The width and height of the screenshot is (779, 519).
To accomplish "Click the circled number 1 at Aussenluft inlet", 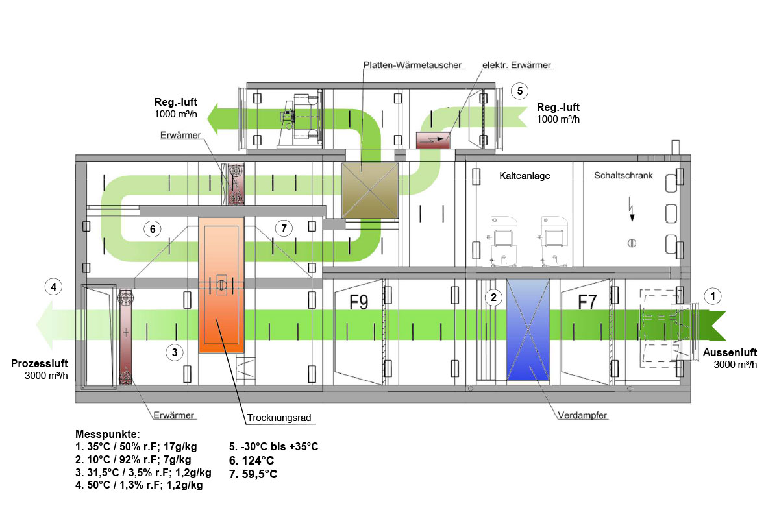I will [x=713, y=296].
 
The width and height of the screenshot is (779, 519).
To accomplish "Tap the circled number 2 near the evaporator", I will [x=494, y=298].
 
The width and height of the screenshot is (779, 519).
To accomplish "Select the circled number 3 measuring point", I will [x=174, y=352].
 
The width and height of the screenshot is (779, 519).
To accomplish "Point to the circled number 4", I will [x=55, y=285].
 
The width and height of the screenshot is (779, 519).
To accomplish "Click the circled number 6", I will [x=152, y=229].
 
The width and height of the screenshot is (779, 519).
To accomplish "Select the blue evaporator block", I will [x=528, y=330].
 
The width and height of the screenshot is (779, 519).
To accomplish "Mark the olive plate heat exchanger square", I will [x=370, y=190].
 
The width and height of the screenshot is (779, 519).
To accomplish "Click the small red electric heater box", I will [x=434, y=139].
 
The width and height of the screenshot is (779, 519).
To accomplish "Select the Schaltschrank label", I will [x=623, y=176].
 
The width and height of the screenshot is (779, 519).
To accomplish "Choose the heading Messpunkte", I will [x=108, y=434].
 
